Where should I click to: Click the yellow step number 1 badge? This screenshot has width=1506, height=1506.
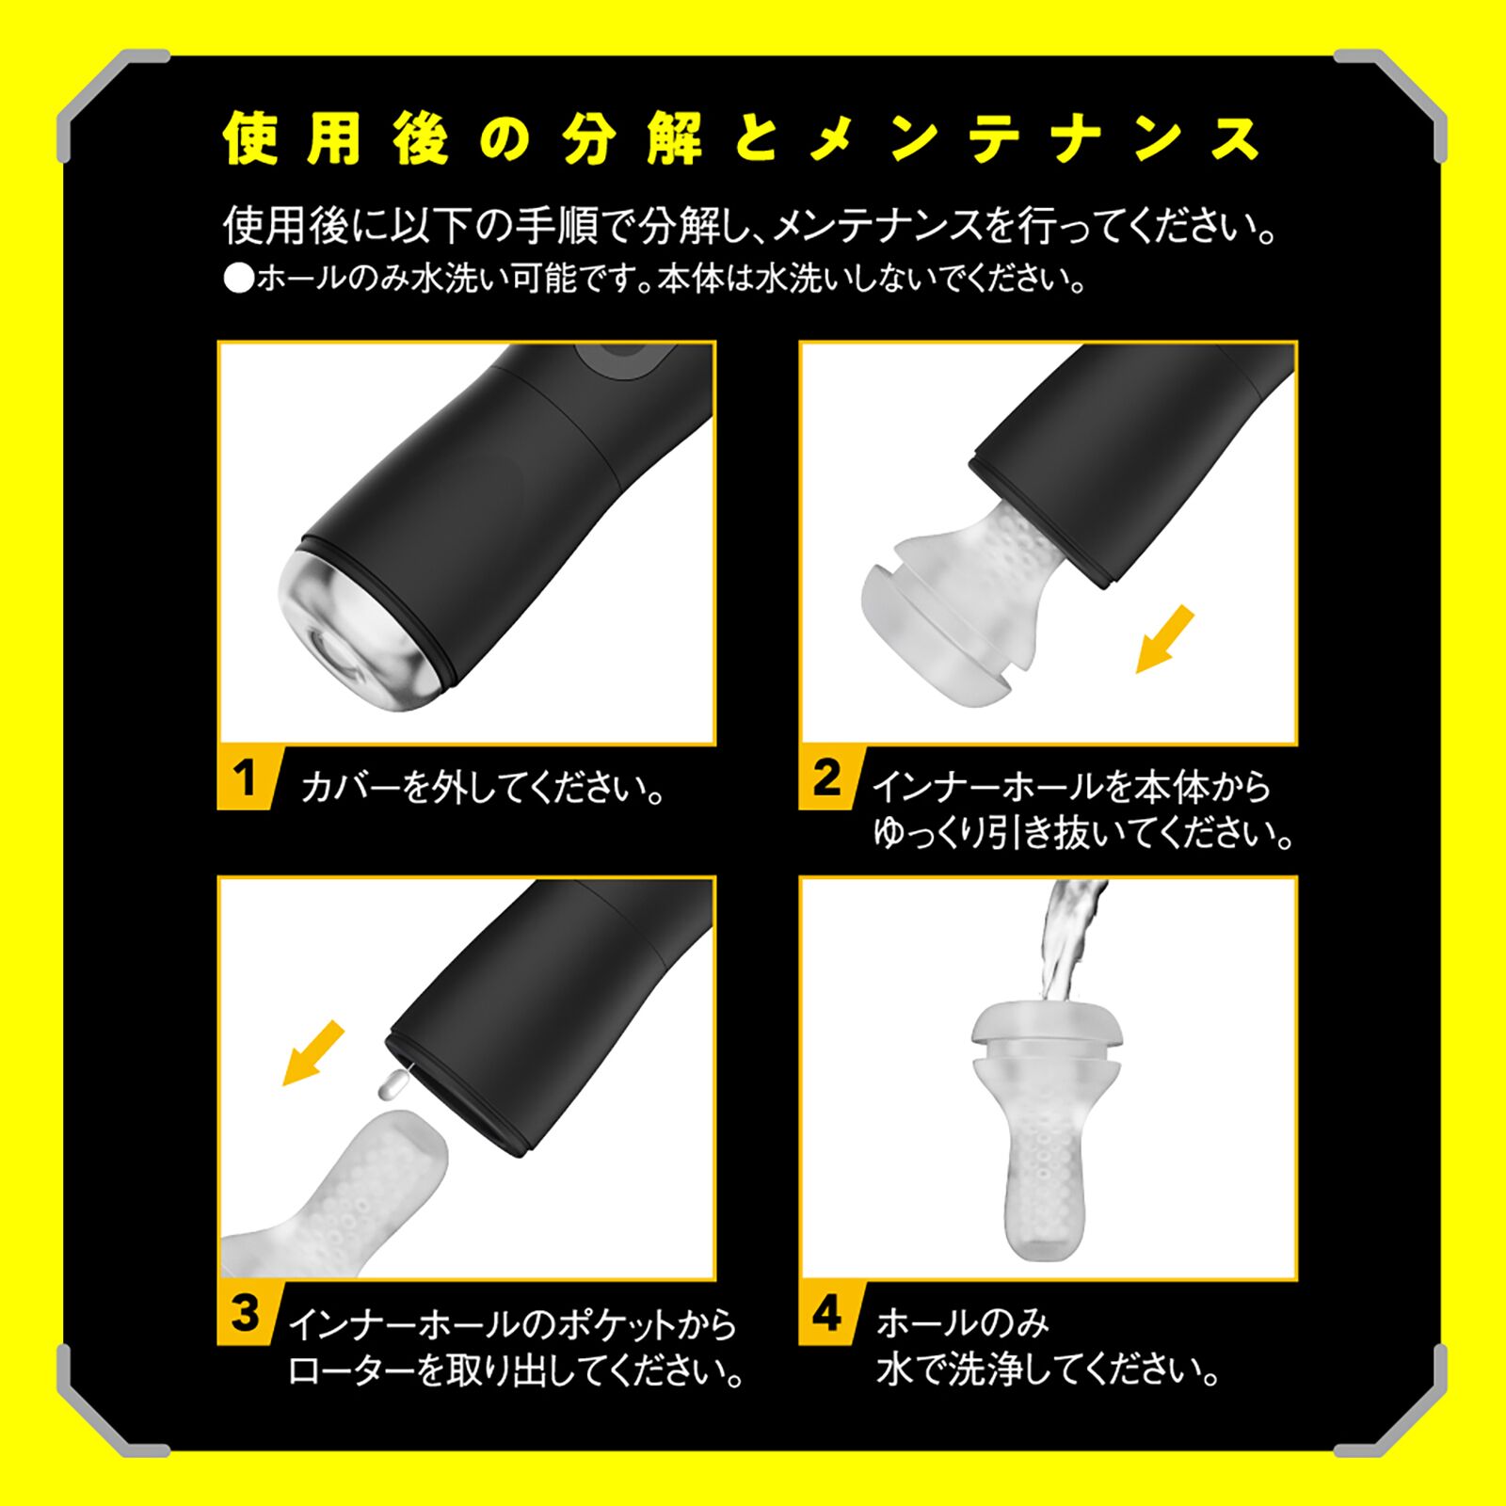coord(246,778)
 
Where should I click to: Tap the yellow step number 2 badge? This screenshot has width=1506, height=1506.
coord(826,778)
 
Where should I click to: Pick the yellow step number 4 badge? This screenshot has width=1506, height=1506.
coord(826,1313)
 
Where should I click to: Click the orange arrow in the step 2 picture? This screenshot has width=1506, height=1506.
coord(1164,640)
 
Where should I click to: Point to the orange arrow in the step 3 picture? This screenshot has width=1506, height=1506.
coord(313,1054)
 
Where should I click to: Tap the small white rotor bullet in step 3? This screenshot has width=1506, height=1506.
coord(392,1087)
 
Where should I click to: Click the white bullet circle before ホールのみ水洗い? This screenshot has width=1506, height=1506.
coord(239,280)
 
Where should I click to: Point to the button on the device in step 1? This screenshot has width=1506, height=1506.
coord(626,360)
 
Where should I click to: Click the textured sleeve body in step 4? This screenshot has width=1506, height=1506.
coord(1045,1177)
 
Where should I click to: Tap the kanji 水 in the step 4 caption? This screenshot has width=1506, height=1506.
coord(894,1370)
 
